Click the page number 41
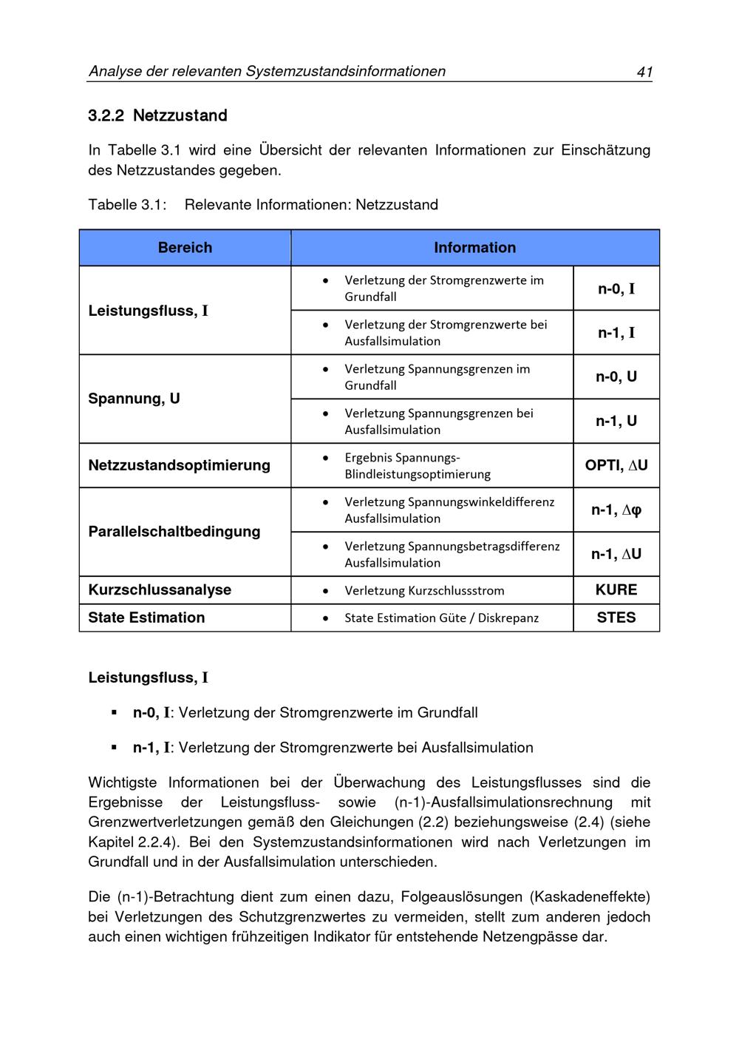(644, 72)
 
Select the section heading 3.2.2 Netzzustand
(157, 115)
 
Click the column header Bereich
(185, 248)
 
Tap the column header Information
(474, 248)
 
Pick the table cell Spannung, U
(134, 399)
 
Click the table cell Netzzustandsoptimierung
(179, 465)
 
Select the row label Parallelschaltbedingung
(174, 532)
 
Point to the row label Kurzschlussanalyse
(160, 589)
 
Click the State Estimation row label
(146, 618)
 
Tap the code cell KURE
(616, 589)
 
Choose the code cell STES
(616, 618)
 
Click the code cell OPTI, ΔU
(616, 465)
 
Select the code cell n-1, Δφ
(616, 510)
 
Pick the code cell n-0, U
(616, 376)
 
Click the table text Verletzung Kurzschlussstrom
(424, 590)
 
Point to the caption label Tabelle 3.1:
(127, 205)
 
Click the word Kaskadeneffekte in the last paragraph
(590, 897)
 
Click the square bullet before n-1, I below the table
(114, 747)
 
